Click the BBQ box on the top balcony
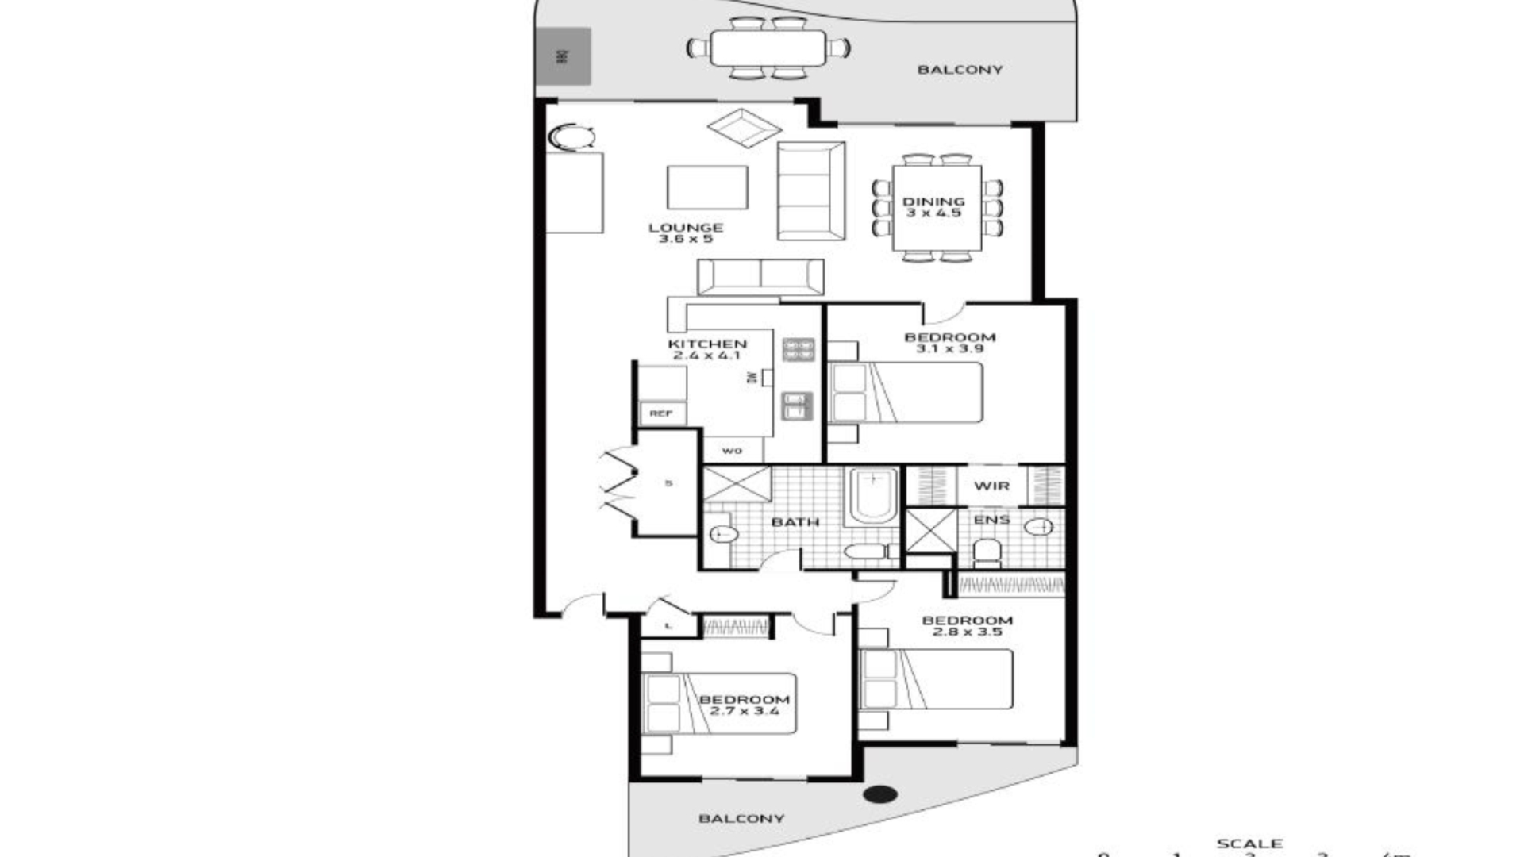point(563,56)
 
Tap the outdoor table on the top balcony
point(768,48)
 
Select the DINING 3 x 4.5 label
point(933,207)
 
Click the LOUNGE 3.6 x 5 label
point(686,233)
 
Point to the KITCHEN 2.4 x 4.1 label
point(707,349)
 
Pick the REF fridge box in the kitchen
point(661,413)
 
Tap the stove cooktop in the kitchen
point(799,349)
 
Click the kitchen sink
point(797,406)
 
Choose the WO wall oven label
point(732,451)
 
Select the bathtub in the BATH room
point(872,495)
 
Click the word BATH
point(795,522)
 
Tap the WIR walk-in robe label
point(991,486)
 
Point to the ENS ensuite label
point(991,520)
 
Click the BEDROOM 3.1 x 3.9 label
point(950,343)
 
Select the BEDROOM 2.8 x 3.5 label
point(967,626)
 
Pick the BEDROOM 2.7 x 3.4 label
point(744,705)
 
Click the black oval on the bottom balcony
point(879,794)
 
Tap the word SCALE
point(1249,844)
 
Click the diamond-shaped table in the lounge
point(744,128)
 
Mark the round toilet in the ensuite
point(987,549)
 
